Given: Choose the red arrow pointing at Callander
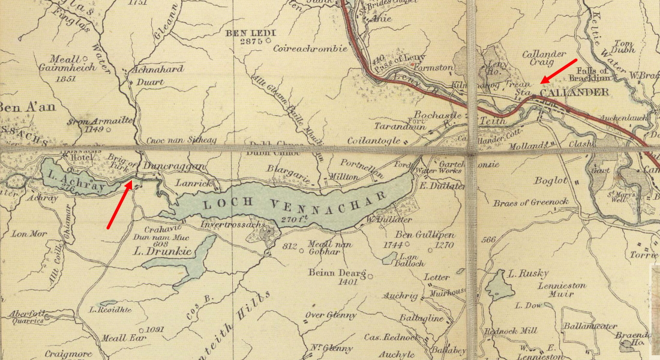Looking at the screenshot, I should tap(559, 71).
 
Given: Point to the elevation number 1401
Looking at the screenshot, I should tap(348, 281).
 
